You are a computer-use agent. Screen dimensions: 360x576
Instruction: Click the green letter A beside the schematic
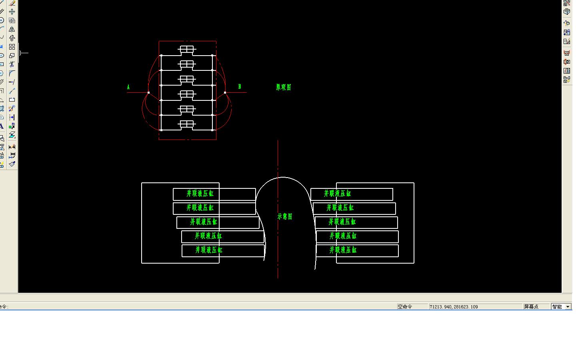point(128,87)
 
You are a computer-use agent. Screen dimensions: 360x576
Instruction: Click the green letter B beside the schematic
point(240,86)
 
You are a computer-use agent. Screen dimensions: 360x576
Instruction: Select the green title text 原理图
point(284,87)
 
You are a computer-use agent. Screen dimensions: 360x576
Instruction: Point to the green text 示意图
point(285,216)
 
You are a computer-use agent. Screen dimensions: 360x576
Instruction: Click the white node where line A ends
point(148,92)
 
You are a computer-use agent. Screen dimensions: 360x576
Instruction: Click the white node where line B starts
point(225,92)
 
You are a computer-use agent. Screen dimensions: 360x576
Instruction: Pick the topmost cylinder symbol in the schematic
point(187,50)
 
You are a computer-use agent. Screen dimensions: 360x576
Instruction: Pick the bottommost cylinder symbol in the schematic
point(187,124)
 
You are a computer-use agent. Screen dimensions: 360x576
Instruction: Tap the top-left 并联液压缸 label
point(200,194)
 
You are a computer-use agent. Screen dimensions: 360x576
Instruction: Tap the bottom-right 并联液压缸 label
point(343,250)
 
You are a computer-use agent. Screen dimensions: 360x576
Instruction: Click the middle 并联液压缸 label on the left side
point(204,222)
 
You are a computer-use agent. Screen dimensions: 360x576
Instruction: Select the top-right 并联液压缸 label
point(337,194)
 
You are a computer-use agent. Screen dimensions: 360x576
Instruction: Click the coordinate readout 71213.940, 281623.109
point(454,307)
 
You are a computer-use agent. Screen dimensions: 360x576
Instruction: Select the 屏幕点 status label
point(531,307)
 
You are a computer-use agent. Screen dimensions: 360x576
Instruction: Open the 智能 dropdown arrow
point(568,307)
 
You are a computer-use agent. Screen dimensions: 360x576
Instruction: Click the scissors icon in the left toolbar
point(12,64)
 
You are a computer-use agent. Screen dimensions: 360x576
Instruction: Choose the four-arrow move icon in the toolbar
point(12,12)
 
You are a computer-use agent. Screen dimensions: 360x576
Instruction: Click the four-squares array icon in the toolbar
point(12,47)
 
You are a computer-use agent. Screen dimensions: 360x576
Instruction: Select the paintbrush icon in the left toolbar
point(12,164)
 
